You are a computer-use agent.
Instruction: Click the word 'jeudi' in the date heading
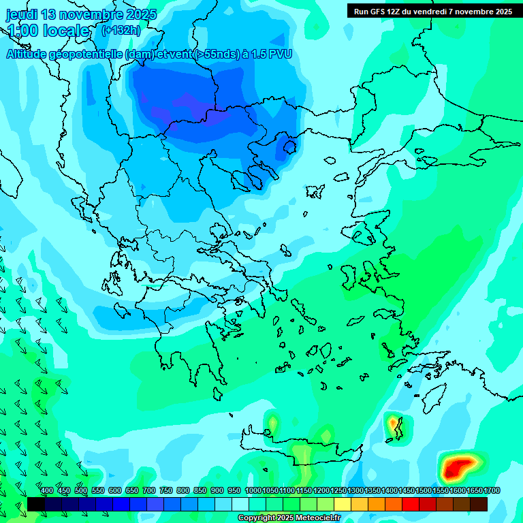coord(22,14)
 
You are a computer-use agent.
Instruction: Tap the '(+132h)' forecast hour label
coord(121,31)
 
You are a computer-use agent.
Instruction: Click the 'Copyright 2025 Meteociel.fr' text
coord(289,518)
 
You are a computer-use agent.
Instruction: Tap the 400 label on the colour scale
coord(47,491)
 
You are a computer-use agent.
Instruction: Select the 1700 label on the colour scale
coord(492,491)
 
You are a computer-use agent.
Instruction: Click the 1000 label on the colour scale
coord(253,491)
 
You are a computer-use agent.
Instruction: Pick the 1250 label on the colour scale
coord(338,491)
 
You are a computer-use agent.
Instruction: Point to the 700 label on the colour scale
coord(149,491)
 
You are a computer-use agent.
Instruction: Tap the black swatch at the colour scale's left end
coord(35,504)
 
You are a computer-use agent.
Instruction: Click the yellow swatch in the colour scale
coord(343,504)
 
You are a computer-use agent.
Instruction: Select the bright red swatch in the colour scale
coord(411,504)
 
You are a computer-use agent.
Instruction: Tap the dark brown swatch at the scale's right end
coord(479,504)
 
